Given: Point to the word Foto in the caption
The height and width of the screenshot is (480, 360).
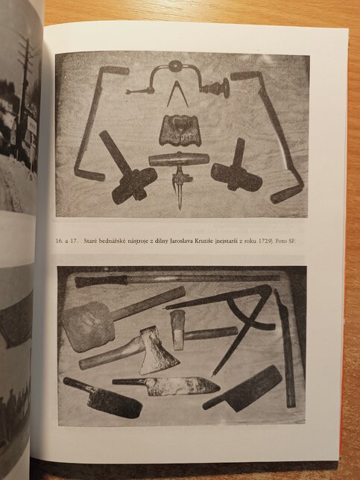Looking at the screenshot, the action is (281, 241).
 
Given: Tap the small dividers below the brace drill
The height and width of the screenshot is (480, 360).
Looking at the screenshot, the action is (177, 94).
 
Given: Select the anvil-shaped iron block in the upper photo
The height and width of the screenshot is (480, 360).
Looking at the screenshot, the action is (180, 130).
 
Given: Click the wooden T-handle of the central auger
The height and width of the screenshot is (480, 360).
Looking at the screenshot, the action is (179, 160).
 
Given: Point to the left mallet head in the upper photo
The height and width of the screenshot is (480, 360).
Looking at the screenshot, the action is (135, 186).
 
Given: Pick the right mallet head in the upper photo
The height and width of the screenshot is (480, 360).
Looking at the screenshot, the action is (236, 177).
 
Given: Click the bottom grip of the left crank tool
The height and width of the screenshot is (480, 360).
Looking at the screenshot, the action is (89, 175).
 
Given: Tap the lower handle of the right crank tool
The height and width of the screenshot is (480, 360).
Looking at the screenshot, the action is (286, 194).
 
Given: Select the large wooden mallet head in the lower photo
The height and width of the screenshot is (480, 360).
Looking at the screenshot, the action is (88, 326).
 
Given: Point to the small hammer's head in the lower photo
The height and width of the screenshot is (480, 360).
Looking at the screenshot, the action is (178, 329).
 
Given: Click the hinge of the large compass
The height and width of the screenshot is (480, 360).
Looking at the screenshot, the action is (265, 290).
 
